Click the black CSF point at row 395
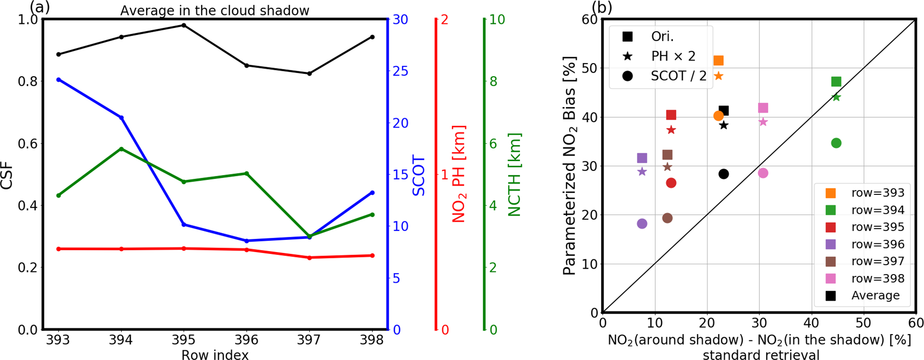pyautogui.click(x=184, y=25)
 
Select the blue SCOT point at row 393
pyautogui.click(x=59, y=80)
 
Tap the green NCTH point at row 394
pyautogui.click(x=121, y=149)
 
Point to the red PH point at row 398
pyautogui.click(x=372, y=255)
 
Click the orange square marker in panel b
pyautogui.click(x=718, y=61)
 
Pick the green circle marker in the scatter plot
pyautogui.click(x=836, y=143)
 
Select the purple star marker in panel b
pyautogui.click(x=642, y=171)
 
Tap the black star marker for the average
pyautogui.click(x=724, y=126)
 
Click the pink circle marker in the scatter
pyautogui.click(x=763, y=173)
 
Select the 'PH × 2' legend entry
pyautogui.click(x=673, y=56)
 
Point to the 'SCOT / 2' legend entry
pyautogui.click(x=678, y=76)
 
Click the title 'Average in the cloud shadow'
pyautogui.click(x=215, y=11)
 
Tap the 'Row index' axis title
pyautogui.click(x=215, y=355)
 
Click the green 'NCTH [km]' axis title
pyautogui.click(x=515, y=174)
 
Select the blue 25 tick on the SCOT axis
pyautogui.click(x=400, y=71)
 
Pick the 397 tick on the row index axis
pyautogui.click(x=309, y=340)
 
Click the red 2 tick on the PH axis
pyautogui.click(x=445, y=20)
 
